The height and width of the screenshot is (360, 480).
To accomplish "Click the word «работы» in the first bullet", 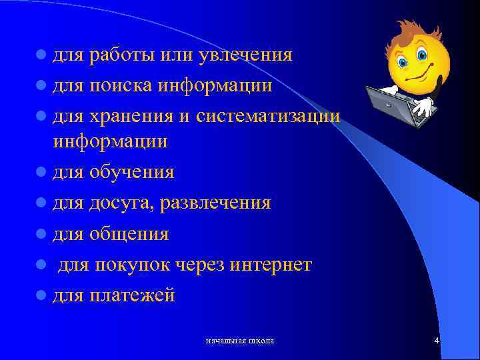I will pyautogui.click(x=122, y=55).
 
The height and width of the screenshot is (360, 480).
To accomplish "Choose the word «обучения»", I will pyautogui.click(x=131, y=173).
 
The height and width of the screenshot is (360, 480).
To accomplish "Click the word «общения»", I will pyautogui.click(x=128, y=234).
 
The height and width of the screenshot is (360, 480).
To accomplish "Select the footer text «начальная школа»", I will pyautogui.click(x=240, y=341).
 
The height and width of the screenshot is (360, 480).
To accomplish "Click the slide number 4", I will pyautogui.click(x=436, y=341).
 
